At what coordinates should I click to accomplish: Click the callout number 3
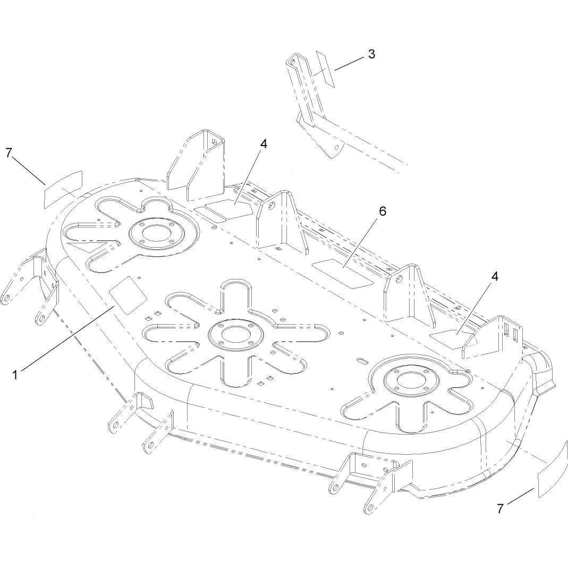click(x=371, y=54)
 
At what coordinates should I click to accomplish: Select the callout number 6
click(x=383, y=211)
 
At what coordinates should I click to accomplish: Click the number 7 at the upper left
click(x=9, y=153)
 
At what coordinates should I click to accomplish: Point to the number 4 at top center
click(x=264, y=144)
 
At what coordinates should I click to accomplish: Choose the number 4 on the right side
click(x=495, y=276)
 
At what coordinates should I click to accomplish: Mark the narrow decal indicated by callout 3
click(x=326, y=69)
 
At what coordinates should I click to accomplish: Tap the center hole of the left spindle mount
click(x=152, y=232)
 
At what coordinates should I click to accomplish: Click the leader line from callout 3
click(x=349, y=63)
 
